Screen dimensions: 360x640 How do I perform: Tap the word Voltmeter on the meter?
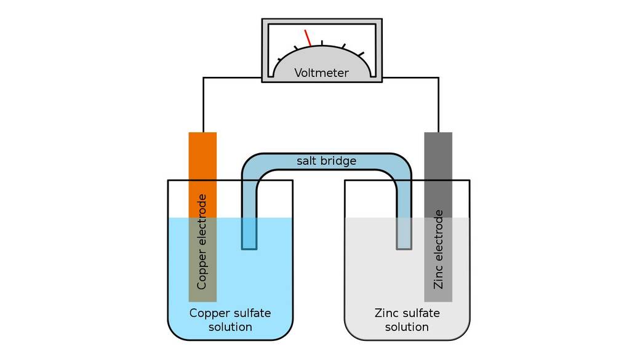pos(321,73)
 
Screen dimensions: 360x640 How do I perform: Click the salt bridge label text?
pos(326,161)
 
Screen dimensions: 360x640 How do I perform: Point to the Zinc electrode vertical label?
pos(438,249)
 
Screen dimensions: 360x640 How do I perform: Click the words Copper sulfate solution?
pos(230,320)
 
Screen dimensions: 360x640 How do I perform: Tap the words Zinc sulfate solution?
pos(407,320)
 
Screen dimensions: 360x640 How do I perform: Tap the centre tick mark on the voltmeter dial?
pos(322,42)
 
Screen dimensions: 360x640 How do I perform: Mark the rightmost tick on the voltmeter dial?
pos(361,55)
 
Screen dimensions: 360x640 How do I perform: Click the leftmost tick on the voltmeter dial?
pos(281,59)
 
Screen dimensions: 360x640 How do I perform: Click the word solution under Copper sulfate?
pos(230,327)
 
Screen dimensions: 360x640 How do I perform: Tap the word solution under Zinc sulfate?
pos(407,327)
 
